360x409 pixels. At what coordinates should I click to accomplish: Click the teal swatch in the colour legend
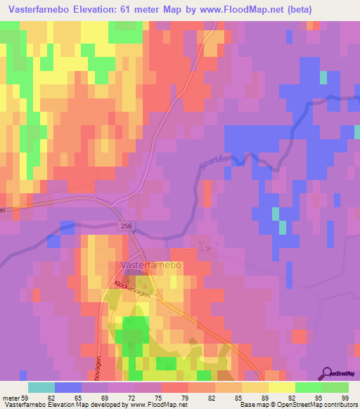tap(41, 387)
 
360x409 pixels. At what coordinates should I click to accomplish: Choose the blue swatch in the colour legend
tap(68, 387)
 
